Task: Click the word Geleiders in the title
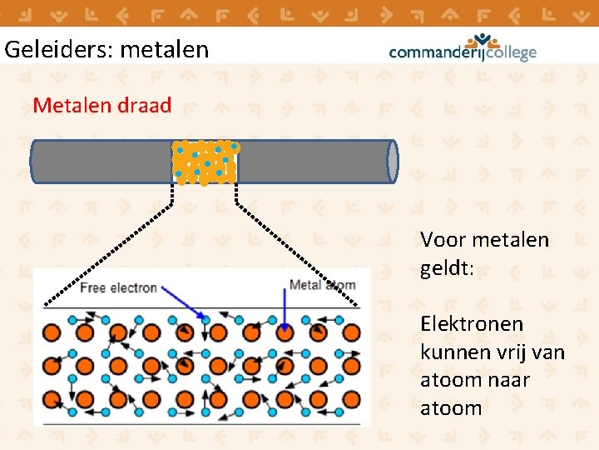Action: (x=58, y=50)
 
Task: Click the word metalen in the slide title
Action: (x=165, y=50)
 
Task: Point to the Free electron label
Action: (x=117, y=287)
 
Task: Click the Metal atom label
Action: (x=322, y=285)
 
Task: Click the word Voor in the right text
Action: (x=443, y=240)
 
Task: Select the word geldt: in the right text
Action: (x=448, y=268)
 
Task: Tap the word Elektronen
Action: (x=472, y=323)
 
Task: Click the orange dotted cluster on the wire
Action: (x=205, y=162)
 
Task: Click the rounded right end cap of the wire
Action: (x=393, y=161)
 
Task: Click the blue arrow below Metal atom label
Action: (x=285, y=312)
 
